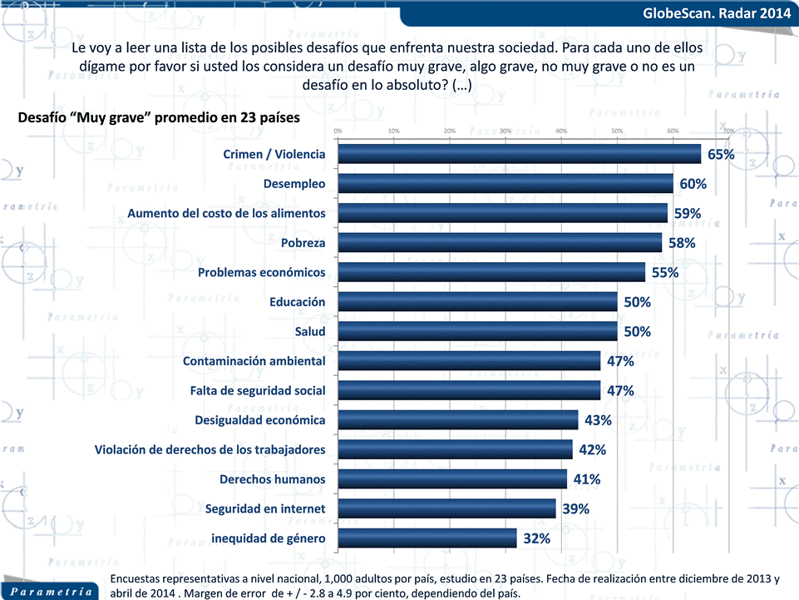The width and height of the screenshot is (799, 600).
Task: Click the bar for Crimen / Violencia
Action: point(519,155)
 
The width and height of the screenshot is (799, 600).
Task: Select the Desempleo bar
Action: point(505,184)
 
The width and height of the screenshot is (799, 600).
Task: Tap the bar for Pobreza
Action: point(500,243)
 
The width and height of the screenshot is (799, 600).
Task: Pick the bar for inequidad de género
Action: point(427,538)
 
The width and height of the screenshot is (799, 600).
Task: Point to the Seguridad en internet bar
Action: point(446,508)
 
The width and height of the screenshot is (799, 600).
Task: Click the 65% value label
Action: point(721,155)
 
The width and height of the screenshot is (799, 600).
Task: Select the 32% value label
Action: point(536,538)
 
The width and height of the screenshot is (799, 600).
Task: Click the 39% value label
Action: point(575,508)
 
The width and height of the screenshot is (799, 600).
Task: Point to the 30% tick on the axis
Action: point(505,131)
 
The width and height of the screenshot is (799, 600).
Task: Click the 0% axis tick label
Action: point(338,131)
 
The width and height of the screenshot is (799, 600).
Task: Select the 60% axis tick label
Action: point(673,131)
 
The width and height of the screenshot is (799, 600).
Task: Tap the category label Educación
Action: point(297,302)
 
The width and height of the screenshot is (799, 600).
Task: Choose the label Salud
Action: point(310,332)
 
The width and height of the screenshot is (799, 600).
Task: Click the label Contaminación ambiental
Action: point(254,361)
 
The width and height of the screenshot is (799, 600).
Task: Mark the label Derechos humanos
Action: point(272,479)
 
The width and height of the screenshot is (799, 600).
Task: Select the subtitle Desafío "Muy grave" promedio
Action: point(158,117)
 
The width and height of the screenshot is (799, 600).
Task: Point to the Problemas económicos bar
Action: point(491,273)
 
